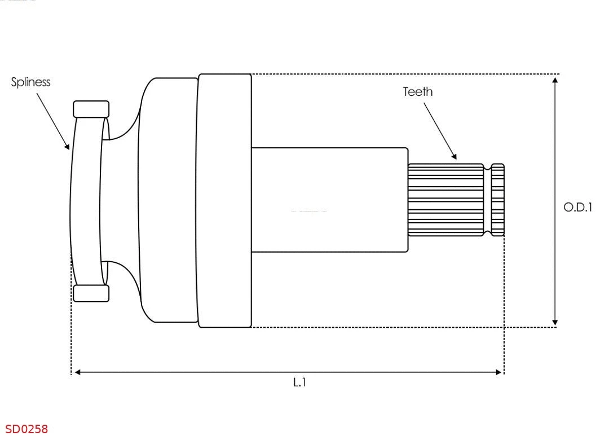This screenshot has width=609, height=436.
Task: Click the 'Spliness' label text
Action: point(31,82)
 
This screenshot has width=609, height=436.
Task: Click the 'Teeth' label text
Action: point(418,92)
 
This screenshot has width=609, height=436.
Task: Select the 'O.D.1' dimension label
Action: point(578,208)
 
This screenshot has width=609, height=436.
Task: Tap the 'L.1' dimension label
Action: point(299,382)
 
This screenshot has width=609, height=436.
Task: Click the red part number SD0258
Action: point(27,429)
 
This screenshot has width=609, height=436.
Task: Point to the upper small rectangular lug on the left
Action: point(91,109)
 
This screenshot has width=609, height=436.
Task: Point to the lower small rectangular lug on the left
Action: point(91,293)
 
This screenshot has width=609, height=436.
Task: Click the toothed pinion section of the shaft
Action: point(445,200)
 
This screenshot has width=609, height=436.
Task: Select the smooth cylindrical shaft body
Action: point(329,200)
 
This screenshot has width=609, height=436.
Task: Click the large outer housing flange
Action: point(224,200)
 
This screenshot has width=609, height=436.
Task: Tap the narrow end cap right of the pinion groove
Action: point(497,200)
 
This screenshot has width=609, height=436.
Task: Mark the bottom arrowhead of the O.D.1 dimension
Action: point(555,322)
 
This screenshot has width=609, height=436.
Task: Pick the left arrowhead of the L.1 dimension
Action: point(78,372)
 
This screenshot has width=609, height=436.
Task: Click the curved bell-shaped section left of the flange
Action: point(164,200)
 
